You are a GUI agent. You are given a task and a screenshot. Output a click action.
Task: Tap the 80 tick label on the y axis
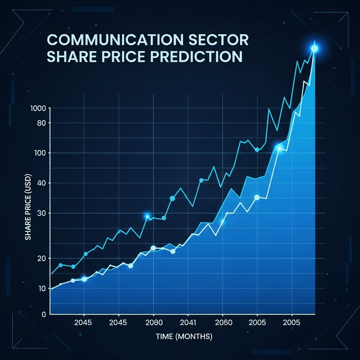click(x=41, y=123)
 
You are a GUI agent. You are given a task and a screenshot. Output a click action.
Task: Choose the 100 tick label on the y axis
click(x=40, y=153)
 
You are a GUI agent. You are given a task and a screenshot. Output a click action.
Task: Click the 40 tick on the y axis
click(x=41, y=183)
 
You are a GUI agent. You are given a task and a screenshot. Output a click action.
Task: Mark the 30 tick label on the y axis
click(x=41, y=213)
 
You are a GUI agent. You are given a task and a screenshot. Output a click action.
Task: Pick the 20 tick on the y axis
click(x=41, y=258)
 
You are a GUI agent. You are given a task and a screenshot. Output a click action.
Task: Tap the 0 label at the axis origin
click(x=44, y=315)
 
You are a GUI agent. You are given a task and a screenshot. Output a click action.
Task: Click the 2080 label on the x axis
click(x=153, y=323)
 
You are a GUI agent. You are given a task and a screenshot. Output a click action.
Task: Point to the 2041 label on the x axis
click(x=188, y=323)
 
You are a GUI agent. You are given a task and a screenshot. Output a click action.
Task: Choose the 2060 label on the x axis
click(x=223, y=323)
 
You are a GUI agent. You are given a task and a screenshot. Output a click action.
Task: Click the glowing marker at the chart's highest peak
click(x=314, y=49)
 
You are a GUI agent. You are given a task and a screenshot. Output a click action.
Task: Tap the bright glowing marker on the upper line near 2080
click(x=147, y=216)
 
